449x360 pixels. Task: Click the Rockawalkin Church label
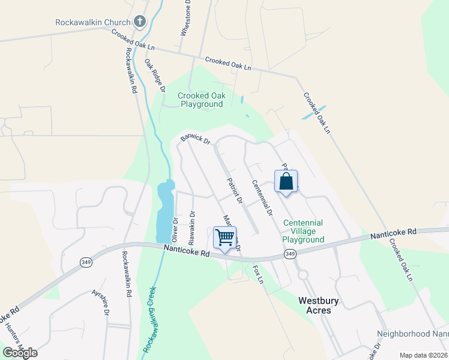[x=92, y=22]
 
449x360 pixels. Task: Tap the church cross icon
[x=140, y=23]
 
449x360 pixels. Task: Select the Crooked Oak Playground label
[x=200, y=100]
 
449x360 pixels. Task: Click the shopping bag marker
[x=286, y=181]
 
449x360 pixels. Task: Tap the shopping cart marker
[x=224, y=238]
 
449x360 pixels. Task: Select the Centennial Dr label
[x=262, y=197]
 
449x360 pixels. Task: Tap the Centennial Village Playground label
[x=303, y=231]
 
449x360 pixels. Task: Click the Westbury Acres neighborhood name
[x=315, y=305]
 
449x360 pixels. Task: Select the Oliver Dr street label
[x=175, y=230]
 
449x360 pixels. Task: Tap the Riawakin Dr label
[x=191, y=227]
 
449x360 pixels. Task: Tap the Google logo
[x=20, y=352]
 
